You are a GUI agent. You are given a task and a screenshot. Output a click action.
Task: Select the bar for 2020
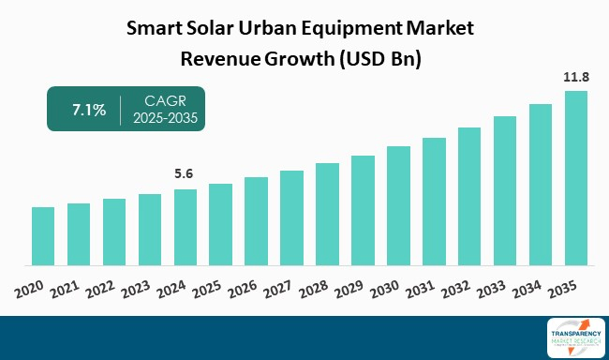pyautogui.click(x=43, y=235)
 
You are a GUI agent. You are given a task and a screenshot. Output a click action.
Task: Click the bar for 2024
pyautogui.click(x=186, y=227)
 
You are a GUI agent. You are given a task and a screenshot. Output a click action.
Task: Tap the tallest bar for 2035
pyautogui.click(x=576, y=177)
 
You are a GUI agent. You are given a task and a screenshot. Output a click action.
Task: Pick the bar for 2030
pyautogui.click(x=398, y=205)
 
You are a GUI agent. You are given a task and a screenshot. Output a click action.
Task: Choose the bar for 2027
pyautogui.click(x=291, y=217)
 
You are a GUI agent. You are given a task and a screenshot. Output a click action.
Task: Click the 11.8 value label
pyautogui.click(x=576, y=77)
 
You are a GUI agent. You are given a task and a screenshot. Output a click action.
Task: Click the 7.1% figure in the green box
pyautogui.click(x=90, y=110)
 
